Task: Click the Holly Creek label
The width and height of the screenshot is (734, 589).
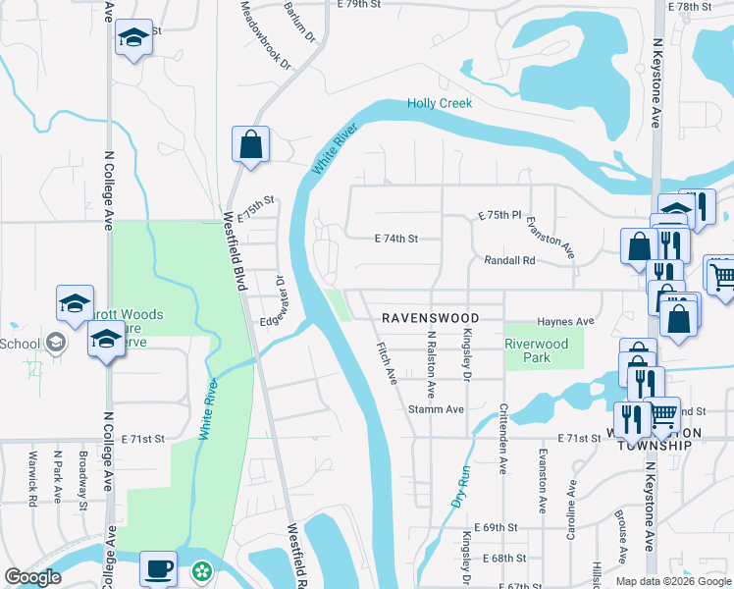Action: (x=440, y=103)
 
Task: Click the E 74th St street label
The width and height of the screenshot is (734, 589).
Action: (x=396, y=239)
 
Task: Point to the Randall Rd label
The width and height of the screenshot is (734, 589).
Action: (x=509, y=261)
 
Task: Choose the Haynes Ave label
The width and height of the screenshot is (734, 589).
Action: (x=565, y=322)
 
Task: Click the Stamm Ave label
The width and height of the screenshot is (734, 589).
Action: (x=436, y=408)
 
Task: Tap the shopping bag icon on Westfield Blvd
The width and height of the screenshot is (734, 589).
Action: (x=250, y=144)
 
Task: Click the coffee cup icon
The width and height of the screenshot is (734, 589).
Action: (x=158, y=567)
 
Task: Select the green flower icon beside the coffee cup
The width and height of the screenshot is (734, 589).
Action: (x=201, y=569)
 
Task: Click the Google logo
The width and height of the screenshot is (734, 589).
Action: (x=32, y=577)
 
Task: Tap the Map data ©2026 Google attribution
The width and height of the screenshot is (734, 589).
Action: (x=673, y=581)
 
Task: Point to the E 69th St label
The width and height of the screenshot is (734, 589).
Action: (x=498, y=527)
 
